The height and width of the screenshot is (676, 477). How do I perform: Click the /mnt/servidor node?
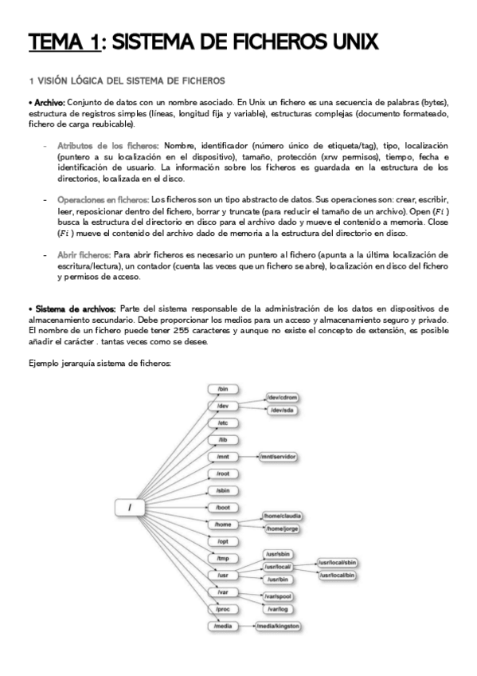pyautogui.click(x=278, y=457)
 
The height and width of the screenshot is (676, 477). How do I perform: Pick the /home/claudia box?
pyautogui.click(x=285, y=516)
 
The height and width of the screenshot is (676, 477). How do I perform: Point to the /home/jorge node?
pyautogui.click(x=283, y=528)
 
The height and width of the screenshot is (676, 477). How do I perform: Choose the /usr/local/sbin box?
pyautogui.click(x=338, y=562)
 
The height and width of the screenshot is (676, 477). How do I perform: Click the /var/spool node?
pyautogui.click(x=278, y=596)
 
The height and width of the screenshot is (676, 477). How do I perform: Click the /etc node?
pyautogui.click(x=223, y=422)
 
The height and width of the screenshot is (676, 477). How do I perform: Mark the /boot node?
pyautogui.click(x=223, y=508)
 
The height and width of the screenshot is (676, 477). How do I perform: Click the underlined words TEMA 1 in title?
pyautogui.click(x=65, y=42)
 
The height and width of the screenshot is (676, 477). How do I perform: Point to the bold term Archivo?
pyautogui.click(x=46, y=103)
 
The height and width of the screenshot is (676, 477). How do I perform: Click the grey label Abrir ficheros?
pyautogui.click(x=83, y=254)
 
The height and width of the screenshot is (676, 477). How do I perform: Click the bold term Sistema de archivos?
pyautogui.click(x=72, y=309)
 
